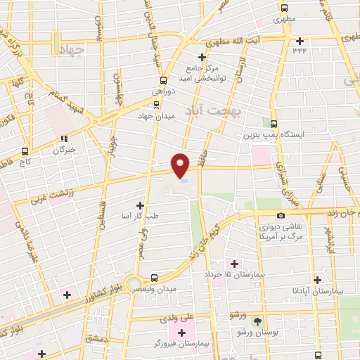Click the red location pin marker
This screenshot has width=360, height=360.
click(x=181, y=165)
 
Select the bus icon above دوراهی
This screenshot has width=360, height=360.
click(x=163, y=80)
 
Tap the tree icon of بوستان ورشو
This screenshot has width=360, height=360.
click(x=258, y=320)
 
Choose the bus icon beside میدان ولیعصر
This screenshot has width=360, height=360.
click(x=155, y=278)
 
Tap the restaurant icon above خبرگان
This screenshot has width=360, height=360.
click(x=63, y=139)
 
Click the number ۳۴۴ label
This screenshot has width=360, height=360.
click(x=300, y=51)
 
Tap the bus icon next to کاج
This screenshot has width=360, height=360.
click(x=25, y=151)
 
